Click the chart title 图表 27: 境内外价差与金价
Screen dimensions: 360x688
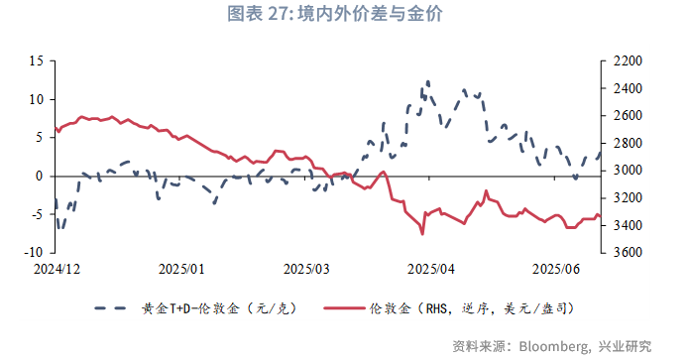[343, 14]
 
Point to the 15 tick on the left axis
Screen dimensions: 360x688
[35, 61]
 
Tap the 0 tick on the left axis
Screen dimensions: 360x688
[39, 177]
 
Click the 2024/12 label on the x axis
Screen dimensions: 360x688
[56, 269]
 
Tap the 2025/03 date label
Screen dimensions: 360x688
[308, 269]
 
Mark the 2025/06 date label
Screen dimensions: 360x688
[556, 269]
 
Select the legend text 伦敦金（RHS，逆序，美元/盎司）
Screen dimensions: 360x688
[470, 308]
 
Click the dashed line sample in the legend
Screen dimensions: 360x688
[114, 308]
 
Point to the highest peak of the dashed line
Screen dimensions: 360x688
[427, 82]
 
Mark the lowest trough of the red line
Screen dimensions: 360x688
[422, 234]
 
